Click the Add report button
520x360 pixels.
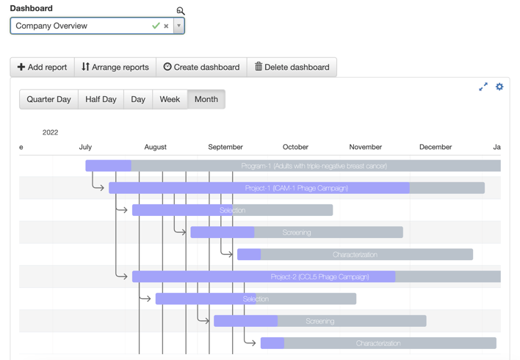[42, 67]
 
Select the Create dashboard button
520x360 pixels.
[201, 67]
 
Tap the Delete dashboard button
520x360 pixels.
[292, 67]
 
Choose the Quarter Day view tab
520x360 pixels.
[48, 99]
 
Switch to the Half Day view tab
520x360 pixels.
[101, 99]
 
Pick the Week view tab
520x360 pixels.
[170, 99]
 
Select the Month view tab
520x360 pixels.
[206, 99]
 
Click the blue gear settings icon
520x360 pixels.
[499, 87]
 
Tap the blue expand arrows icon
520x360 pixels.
[483, 87]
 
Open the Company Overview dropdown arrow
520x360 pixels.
[178, 26]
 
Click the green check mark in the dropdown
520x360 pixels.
[156, 26]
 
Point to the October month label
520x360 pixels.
[295, 147]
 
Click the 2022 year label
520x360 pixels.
[50, 132]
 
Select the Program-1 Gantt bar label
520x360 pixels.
[314, 166]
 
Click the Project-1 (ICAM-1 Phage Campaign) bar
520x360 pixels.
[297, 188]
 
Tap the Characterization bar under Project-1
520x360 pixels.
[355, 255]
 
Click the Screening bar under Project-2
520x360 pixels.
[320, 321]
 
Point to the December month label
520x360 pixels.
[435, 147]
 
